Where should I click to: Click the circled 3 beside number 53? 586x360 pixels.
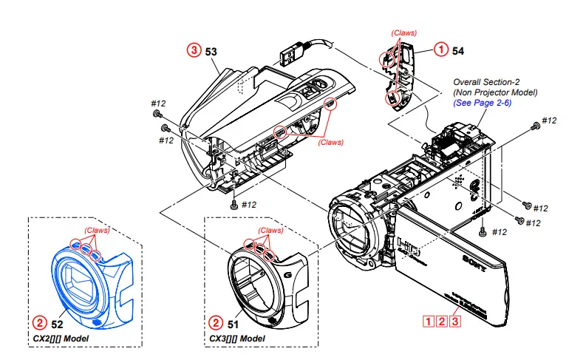coord(194,50)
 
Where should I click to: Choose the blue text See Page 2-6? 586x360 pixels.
coord(483,103)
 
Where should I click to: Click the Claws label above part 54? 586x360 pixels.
coord(403,33)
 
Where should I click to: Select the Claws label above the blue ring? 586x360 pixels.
coord(97,230)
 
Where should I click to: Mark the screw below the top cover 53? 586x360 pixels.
coord(234,204)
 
